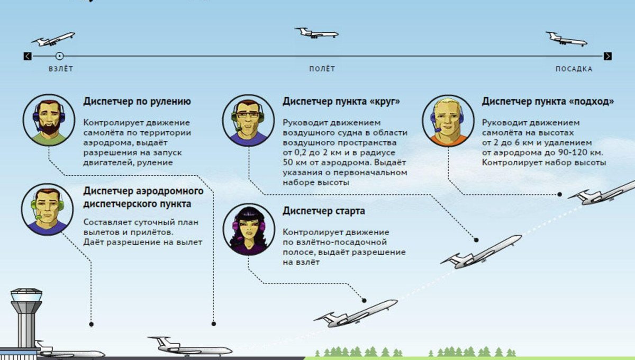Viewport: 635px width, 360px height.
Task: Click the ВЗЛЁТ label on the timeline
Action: (61, 69)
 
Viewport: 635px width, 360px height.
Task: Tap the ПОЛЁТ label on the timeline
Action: (322, 69)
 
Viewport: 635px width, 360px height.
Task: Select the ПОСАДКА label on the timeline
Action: (574, 69)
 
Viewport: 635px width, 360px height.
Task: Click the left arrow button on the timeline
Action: (28, 56)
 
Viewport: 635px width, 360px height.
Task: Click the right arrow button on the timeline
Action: (607, 56)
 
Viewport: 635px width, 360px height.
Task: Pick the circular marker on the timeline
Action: (59, 56)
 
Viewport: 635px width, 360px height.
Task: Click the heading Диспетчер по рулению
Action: (137, 102)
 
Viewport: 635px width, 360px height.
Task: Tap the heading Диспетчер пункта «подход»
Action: (548, 102)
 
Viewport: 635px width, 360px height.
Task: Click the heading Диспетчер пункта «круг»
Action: (341, 102)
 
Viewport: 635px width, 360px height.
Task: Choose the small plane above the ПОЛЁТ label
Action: (316, 33)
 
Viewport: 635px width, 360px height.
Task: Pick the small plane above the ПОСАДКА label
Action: (566, 39)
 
